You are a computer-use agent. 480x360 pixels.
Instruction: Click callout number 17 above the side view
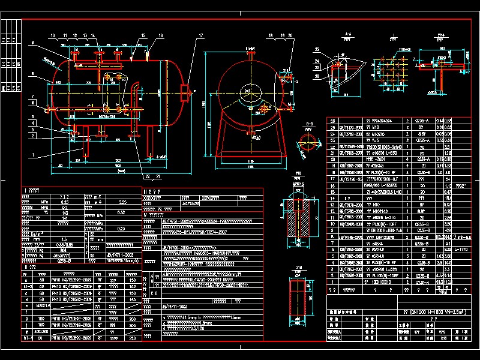coord(200,35)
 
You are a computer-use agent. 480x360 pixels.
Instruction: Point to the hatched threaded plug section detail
coord(298,215)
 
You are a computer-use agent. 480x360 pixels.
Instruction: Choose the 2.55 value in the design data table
coord(122,203)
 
